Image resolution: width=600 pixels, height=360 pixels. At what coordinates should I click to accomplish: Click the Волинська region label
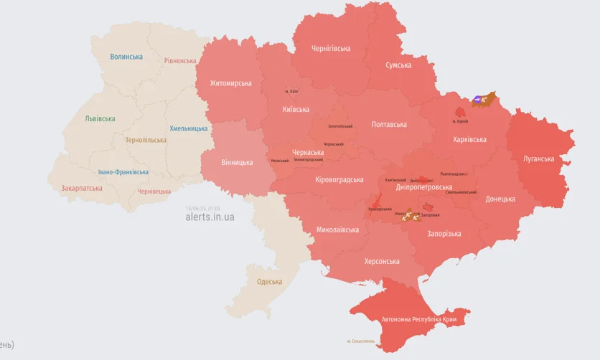click(x=126, y=57)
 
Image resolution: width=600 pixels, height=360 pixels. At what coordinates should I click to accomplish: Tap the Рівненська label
click(x=179, y=61)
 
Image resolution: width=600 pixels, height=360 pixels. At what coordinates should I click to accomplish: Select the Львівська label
click(x=100, y=119)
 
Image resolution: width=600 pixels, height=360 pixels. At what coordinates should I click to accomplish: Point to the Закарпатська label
click(x=81, y=189)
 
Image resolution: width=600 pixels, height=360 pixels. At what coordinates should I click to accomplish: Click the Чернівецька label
click(x=154, y=191)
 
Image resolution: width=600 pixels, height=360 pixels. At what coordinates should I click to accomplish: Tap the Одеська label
click(x=269, y=282)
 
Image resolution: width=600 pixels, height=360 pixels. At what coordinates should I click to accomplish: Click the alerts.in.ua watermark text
click(x=210, y=217)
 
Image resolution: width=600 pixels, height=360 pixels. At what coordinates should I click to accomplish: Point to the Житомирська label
click(x=230, y=83)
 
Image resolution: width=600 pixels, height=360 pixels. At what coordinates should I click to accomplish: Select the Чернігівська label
click(x=331, y=49)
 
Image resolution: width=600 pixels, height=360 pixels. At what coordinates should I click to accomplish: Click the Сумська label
click(x=398, y=65)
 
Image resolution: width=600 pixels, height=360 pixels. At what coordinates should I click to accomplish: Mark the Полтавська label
click(x=389, y=125)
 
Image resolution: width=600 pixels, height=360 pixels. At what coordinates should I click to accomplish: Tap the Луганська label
click(x=538, y=159)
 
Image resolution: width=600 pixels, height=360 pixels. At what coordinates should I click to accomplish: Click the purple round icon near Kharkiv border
click(x=479, y=99)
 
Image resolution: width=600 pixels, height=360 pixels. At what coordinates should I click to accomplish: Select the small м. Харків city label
click(x=464, y=122)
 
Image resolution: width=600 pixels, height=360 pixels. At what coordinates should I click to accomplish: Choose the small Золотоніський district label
click(x=340, y=126)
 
